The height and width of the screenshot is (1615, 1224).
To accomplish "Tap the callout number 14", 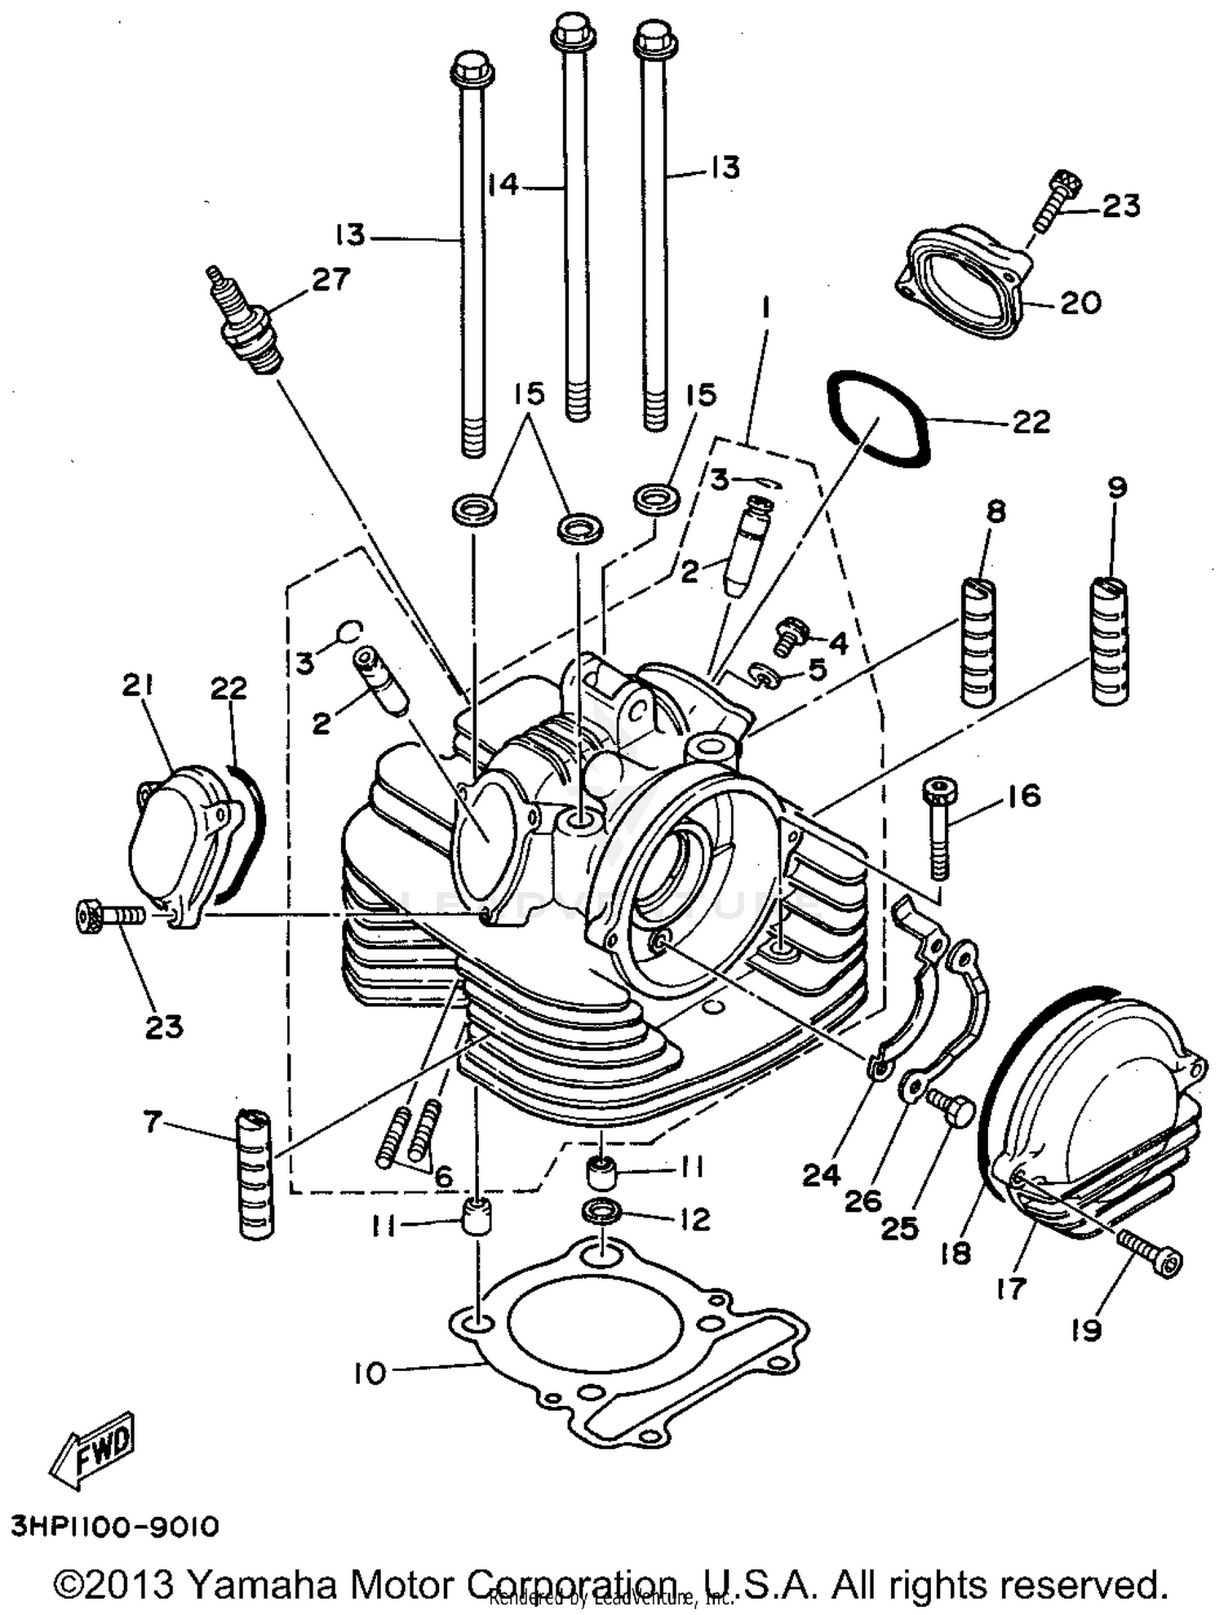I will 503,185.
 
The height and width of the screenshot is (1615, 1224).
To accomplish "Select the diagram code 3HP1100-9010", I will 115,1526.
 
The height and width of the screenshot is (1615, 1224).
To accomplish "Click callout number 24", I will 820,1175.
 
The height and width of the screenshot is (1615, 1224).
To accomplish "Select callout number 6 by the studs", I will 443,1177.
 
